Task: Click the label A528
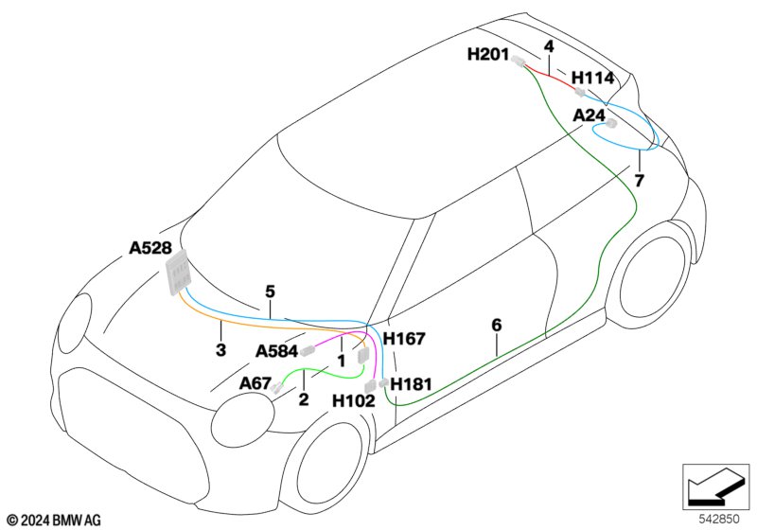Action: coord(150,249)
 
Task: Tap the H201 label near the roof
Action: coord(488,55)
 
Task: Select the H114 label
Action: coord(592,78)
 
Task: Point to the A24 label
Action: coord(589,115)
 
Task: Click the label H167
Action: coord(404,338)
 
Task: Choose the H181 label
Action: coord(411,383)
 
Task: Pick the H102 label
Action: coord(353,400)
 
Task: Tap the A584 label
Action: coord(277,351)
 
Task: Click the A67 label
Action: coord(255,382)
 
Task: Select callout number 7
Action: coord(639,180)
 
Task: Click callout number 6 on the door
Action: coord(497,325)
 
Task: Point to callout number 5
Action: coord(270,291)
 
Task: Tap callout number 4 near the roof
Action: coord(549,45)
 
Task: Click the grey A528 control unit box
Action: coord(177,274)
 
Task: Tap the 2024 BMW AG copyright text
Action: coord(54,520)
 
